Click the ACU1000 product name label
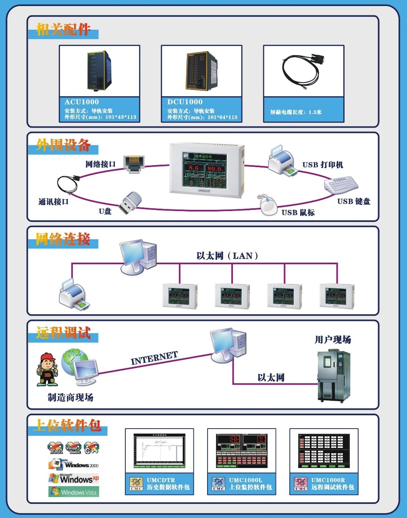(x=82, y=102)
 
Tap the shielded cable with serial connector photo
(x=303, y=70)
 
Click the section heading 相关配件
(x=63, y=29)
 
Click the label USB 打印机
(x=322, y=165)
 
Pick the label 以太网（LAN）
(x=227, y=256)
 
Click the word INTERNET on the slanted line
(x=154, y=358)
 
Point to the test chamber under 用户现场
(x=334, y=376)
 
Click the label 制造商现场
(x=71, y=398)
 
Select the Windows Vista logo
(x=74, y=492)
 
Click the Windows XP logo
(x=74, y=479)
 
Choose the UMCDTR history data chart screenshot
(x=160, y=451)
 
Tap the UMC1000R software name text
(x=328, y=480)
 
